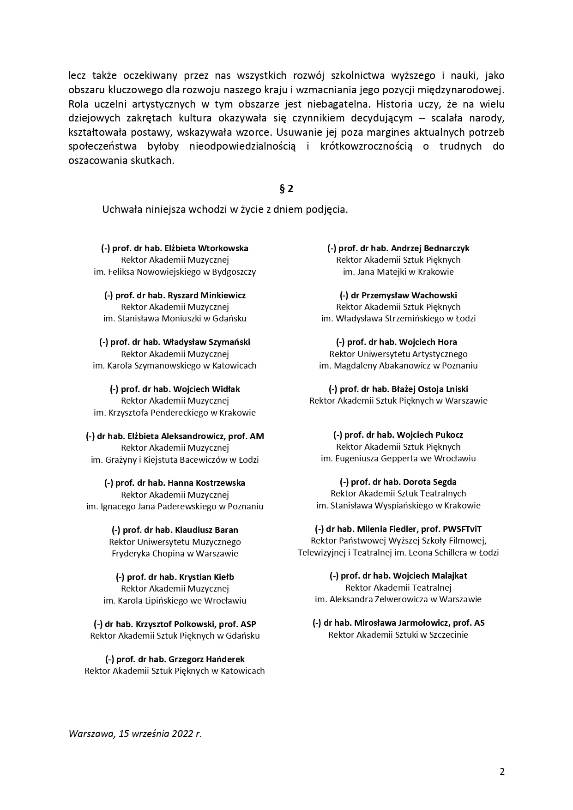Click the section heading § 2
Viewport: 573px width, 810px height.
(x=286, y=188)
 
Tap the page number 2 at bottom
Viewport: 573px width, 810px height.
(x=502, y=771)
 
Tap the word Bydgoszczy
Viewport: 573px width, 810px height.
(x=234, y=272)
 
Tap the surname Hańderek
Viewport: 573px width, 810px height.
(x=225, y=659)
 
